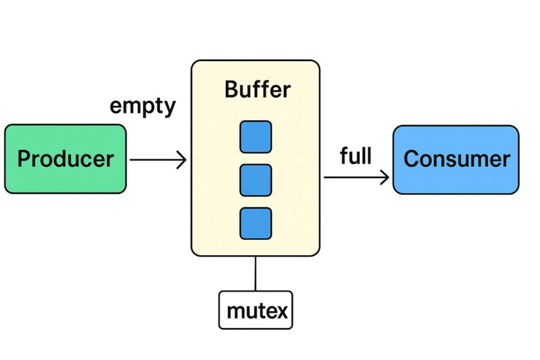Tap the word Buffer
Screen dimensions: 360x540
click(x=257, y=90)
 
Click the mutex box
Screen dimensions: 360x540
click(x=255, y=310)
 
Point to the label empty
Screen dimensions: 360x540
click(x=142, y=106)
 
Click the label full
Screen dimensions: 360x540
click(x=356, y=156)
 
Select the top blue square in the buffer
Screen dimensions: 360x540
click(x=256, y=137)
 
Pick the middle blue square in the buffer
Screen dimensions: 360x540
click(x=256, y=180)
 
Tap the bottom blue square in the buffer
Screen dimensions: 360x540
click(x=256, y=223)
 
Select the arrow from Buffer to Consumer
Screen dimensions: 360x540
click(x=355, y=178)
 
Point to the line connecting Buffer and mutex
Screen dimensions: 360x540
click(x=255, y=274)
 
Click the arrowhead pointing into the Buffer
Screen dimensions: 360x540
click(x=181, y=159)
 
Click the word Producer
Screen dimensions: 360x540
click(x=65, y=159)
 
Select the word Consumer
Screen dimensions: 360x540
click(x=457, y=159)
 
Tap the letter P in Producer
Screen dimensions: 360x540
click(x=24, y=158)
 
